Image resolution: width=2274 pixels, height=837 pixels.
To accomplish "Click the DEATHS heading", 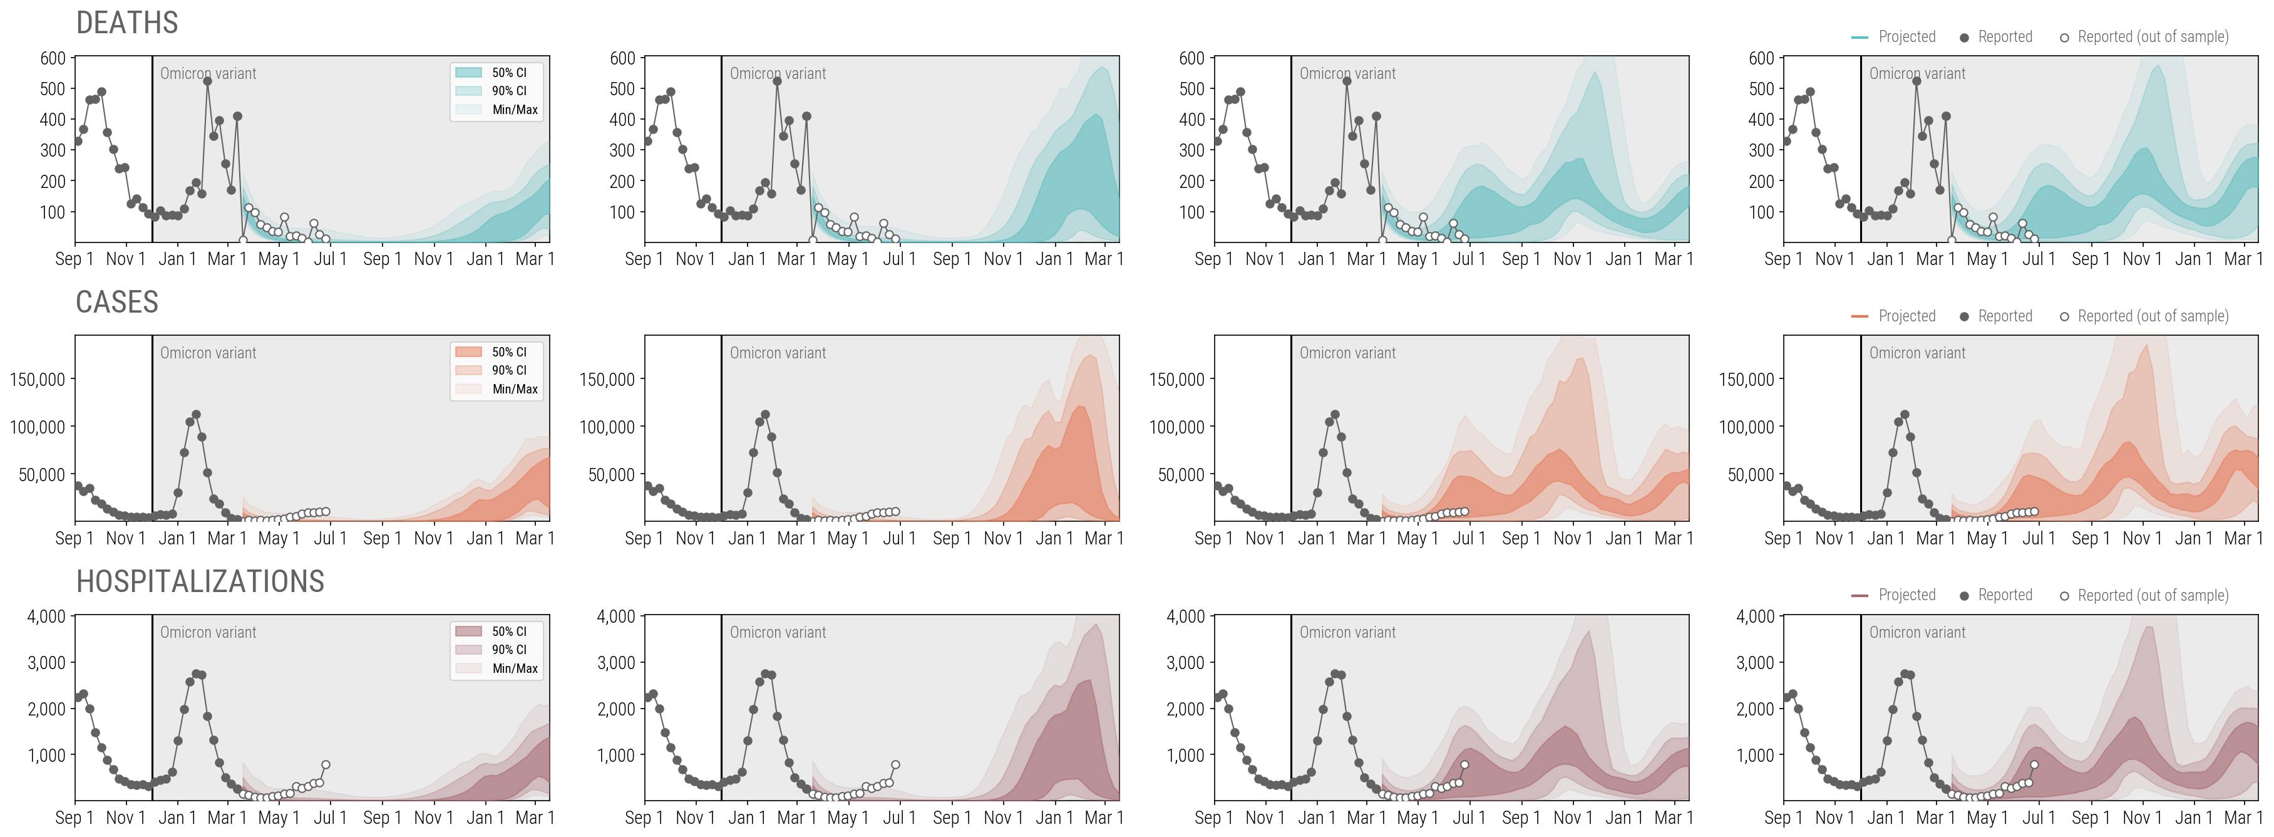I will pyautogui.click(x=127, y=23).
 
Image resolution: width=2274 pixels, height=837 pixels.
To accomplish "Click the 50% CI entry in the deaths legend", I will pyautogui.click(x=508, y=73).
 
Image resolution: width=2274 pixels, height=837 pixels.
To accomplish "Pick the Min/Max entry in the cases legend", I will pyautogui.click(x=514, y=388).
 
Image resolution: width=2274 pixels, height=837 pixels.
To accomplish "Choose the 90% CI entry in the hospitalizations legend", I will pyautogui.click(x=508, y=649).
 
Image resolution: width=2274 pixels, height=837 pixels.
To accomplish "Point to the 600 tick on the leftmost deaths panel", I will pyautogui.click(x=53, y=58).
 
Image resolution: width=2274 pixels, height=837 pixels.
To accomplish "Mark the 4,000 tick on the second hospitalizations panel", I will pyautogui.click(x=615, y=616).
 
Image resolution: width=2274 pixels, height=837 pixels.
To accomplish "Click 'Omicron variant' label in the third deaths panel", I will pyautogui.click(x=1347, y=74).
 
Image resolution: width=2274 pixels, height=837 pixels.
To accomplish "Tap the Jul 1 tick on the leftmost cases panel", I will pyautogui.click(x=330, y=538).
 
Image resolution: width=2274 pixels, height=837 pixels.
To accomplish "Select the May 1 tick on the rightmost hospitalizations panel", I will pyautogui.click(x=1987, y=818).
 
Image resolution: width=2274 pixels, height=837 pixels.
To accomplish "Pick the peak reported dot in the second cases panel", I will pyautogui.click(x=765, y=414).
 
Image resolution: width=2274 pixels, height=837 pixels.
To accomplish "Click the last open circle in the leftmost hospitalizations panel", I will pyautogui.click(x=326, y=764).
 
